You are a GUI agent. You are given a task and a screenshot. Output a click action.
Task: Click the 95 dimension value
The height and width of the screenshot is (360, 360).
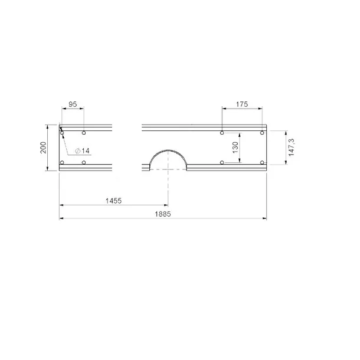tap(73, 104)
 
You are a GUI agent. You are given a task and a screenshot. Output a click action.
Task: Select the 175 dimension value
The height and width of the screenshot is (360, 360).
tap(242, 104)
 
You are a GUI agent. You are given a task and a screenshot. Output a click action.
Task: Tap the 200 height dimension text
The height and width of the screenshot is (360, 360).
tap(43, 148)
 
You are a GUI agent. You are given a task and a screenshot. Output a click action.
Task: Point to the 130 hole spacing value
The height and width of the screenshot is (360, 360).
tap(235, 148)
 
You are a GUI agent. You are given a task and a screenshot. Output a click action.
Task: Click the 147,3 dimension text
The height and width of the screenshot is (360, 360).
tap(292, 148)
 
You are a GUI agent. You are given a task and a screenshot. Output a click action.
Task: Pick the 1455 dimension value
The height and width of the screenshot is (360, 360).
tap(113, 201)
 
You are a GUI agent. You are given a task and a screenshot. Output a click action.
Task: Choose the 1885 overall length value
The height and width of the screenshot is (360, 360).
tap(163, 214)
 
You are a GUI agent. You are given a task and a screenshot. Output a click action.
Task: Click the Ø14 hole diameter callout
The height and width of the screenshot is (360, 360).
tap(83, 151)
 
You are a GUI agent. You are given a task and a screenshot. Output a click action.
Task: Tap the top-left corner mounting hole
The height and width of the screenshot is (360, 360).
tap(62, 133)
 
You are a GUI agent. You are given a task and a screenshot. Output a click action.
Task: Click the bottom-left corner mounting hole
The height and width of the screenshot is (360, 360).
tap(62, 162)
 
